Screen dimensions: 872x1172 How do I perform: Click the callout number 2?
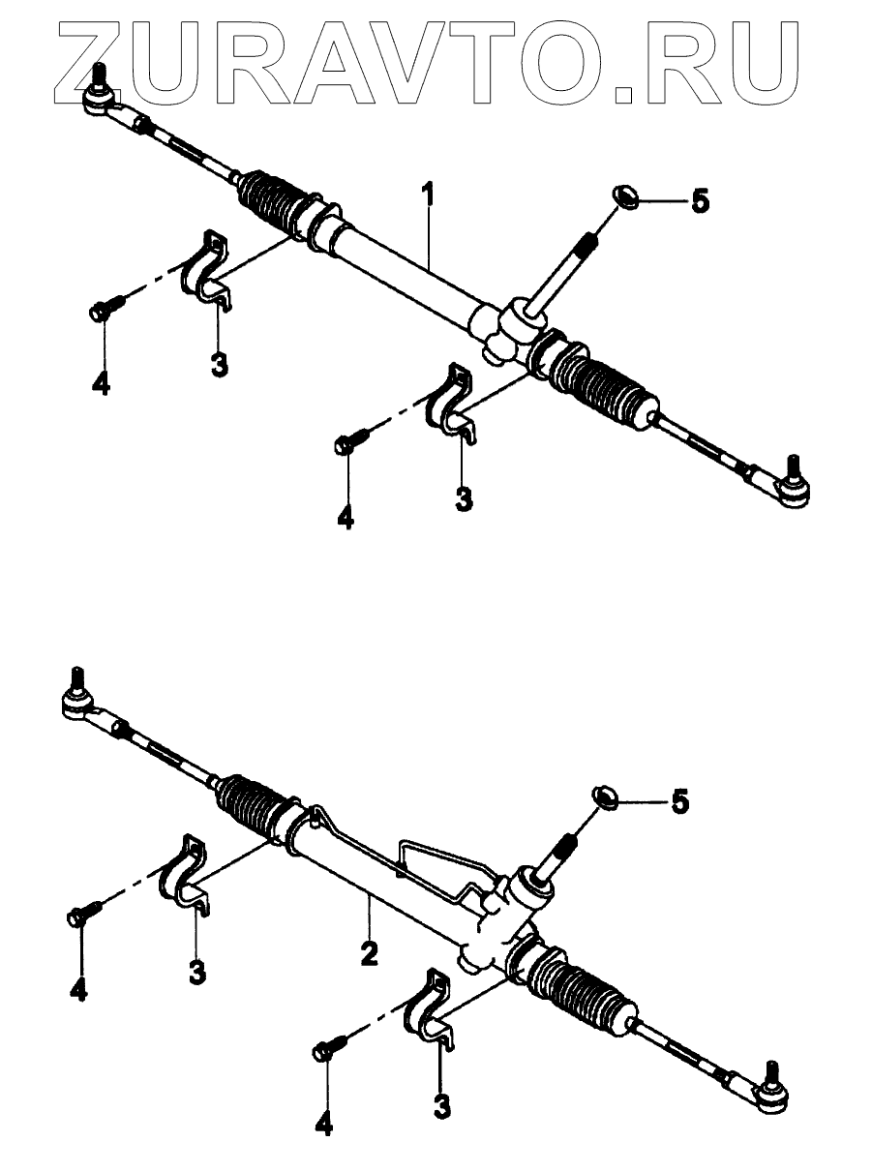coord(368,952)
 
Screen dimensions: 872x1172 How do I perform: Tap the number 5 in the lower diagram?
coord(680,802)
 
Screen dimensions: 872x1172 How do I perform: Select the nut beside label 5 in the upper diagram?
coord(625,197)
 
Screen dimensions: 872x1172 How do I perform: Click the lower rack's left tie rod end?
coord(77,702)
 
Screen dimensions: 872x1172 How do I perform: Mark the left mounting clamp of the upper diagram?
coord(205,270)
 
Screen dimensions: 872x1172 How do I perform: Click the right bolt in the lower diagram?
coord(328,1050)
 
